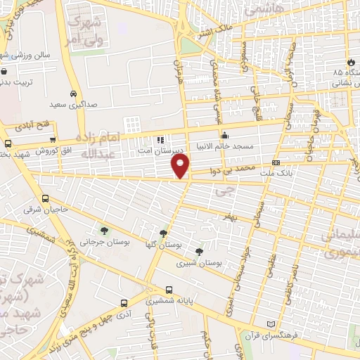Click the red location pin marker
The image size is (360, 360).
[x=181, y=165]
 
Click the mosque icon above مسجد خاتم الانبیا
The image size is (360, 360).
[x=225, y=136]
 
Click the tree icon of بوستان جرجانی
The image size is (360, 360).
[x=105, y=230]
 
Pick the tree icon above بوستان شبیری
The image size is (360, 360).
[x=200, y=251]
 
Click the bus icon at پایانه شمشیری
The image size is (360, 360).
[x=169, y=290]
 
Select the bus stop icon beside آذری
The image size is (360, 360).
[x=124, y=304]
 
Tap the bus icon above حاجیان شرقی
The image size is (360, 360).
[x=46, y=198]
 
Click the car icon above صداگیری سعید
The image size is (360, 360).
[x=74, y=94]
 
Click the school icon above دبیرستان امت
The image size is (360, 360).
[x=161, y=139]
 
